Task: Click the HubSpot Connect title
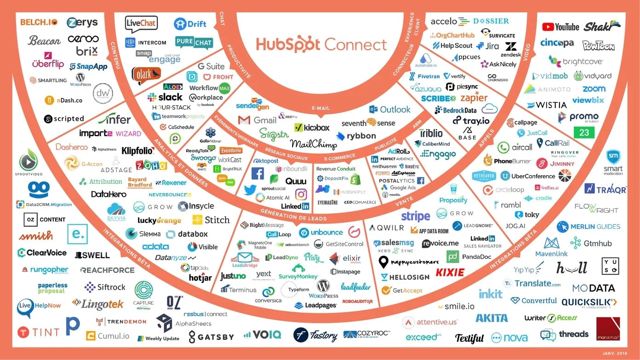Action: [321, 44]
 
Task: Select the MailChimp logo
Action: [314, 144]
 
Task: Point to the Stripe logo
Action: [415, 216]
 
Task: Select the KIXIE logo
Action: [450, 272]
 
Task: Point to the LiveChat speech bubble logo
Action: [141, 24]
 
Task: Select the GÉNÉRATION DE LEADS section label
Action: [293, 214]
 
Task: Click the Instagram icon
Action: [301, 194]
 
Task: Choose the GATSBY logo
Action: [211, 337]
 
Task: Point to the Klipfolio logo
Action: [137, 150]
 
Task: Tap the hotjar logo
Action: [200, 278]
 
